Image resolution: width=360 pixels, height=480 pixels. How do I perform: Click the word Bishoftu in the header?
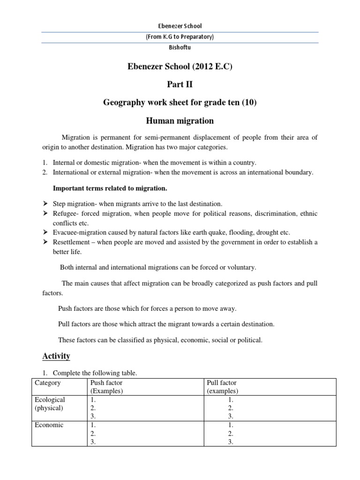tap(180, 47)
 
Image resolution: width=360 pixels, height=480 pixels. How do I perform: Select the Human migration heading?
tap(180, 121)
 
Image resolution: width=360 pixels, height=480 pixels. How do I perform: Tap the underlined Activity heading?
tap(56, 356)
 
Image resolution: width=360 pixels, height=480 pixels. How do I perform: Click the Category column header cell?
tap(48, 383)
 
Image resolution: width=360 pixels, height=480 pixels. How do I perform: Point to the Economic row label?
tap(49, 425)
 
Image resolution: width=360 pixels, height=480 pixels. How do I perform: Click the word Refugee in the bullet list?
tap(64, 214)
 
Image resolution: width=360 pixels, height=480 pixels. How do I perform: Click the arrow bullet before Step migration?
tap(45, 204)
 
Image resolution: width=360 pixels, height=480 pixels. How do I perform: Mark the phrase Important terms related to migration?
tap(110, 188)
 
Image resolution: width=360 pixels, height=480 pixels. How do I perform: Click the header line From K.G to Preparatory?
tap(180, 37)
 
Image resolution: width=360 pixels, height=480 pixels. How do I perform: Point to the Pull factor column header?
tap(222, 383)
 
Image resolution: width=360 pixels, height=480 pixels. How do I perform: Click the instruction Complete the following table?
tap(95, 374)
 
